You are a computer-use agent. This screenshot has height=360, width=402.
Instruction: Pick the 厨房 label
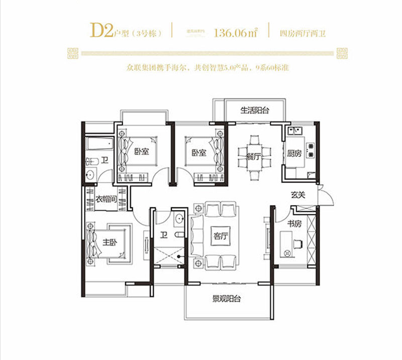[x=294, y=154]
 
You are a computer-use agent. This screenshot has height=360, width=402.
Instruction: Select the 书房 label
[x=293, y=223]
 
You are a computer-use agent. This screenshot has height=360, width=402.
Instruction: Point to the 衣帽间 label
[x=106, y=199]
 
